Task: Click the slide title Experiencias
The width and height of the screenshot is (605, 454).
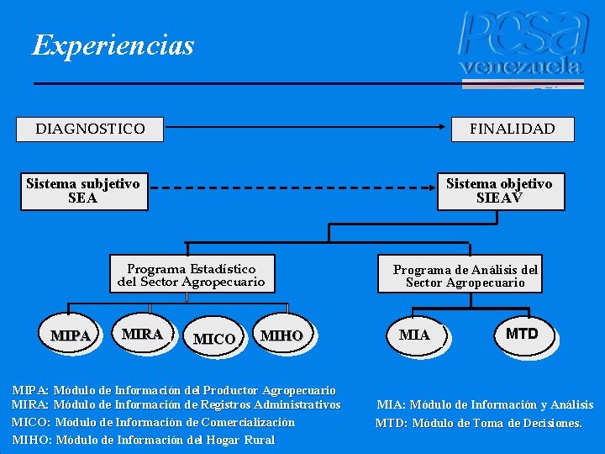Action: tap(113, 45)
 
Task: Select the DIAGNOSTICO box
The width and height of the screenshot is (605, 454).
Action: tap(90, 129)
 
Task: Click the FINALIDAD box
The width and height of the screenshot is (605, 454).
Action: tap(512, 129)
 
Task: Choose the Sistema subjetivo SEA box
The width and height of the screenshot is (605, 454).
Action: tap(83, 191)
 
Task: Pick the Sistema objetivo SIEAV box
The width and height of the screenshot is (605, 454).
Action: tap(499, 191)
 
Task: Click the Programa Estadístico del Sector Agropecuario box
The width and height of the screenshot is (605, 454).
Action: tap(191, 275)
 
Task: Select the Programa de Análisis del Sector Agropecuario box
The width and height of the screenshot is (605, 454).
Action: tap(465, 276)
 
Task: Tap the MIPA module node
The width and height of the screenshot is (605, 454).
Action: tap(71, 335)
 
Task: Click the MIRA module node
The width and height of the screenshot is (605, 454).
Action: tap(142, 334)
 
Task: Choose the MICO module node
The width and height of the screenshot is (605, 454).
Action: tap(213, 339)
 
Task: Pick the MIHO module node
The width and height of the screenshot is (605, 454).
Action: tap(281, 335)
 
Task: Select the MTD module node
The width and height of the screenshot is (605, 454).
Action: tap(521, 334)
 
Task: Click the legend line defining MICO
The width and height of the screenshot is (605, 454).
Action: tap(154, 422)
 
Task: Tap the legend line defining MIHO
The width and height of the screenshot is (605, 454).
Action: tap(144, 440)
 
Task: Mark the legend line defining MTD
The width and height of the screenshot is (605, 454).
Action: tap(478, 423)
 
